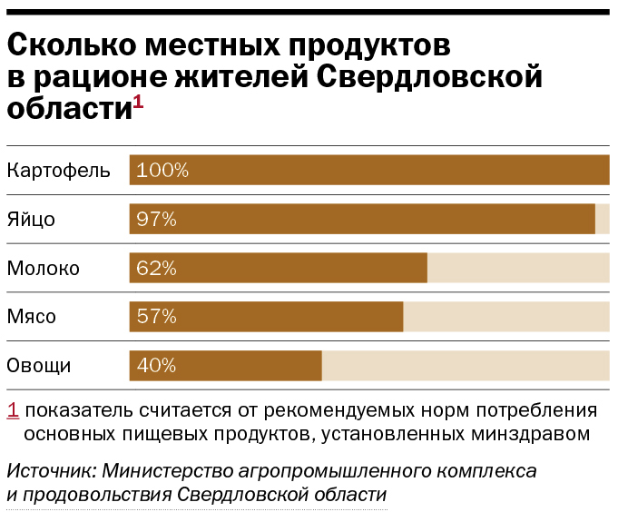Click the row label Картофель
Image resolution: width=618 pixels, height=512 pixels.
click(58, 170)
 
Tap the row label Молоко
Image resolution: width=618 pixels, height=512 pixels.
click(44, 268)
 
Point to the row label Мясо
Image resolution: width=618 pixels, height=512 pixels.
click(32, 317)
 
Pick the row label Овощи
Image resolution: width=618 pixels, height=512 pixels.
click(39, 366)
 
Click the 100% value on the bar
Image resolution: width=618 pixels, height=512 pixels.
click(162, 170)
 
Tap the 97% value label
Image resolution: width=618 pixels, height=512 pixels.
click(156, 219)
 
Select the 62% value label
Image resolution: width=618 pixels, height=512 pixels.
click(156, 268)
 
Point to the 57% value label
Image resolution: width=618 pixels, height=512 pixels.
click(156, 317)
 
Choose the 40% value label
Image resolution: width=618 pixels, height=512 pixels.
click(156, 366)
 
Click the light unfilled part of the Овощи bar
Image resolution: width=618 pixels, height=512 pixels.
click(465, 366)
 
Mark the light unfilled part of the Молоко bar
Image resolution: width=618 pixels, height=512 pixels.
click(517, 268)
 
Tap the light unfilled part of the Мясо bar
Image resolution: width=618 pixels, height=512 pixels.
click(505, 317)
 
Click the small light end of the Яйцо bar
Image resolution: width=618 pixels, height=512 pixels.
click(603, 219)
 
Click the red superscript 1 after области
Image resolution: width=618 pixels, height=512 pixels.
click(138, 103)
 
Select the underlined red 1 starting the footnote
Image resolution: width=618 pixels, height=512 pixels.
click(13, 409)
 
